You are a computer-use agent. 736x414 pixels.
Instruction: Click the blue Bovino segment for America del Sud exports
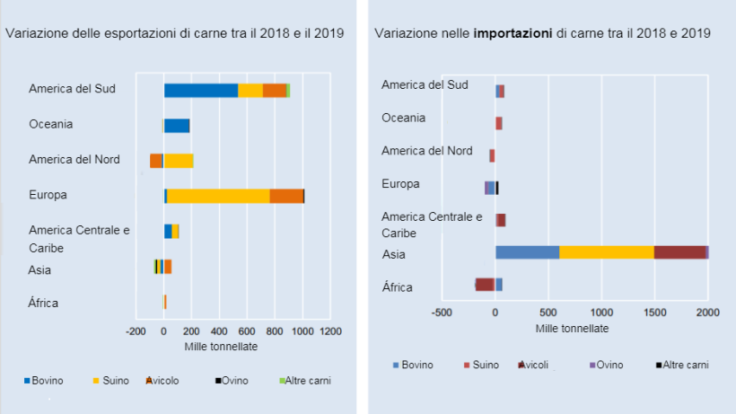click(x=200, y=90)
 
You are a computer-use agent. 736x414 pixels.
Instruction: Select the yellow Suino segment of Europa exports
click(x=218, y=196)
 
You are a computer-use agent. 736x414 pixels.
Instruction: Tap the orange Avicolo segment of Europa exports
click(x=286, y=196)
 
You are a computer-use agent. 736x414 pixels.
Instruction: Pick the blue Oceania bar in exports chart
click(x=176, y=126)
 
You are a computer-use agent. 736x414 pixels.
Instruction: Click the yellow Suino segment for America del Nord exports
click(x=179, y=161)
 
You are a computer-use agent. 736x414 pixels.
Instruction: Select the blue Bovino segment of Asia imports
click(x=527, y=252)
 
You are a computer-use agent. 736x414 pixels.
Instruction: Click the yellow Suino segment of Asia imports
click(x=607, y=252)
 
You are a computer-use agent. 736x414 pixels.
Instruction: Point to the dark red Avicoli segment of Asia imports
click(x=679, y=252)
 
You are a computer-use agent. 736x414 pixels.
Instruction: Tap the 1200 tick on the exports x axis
click(x=331, y=332)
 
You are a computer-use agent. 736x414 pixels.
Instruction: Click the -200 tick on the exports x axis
click(x=136, y=332)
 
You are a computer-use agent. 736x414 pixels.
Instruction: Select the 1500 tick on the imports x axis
click(x=654, y=313)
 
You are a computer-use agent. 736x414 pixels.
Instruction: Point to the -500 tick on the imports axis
click(x=441, y=313)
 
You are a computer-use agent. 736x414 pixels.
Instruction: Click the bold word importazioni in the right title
click(x=513, y=33)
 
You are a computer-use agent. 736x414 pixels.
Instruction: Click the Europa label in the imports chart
click(x=400, y=184)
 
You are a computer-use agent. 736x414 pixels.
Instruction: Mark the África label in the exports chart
click(x=43, y=303)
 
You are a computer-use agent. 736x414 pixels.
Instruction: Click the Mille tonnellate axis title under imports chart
click(x=574, y=328)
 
